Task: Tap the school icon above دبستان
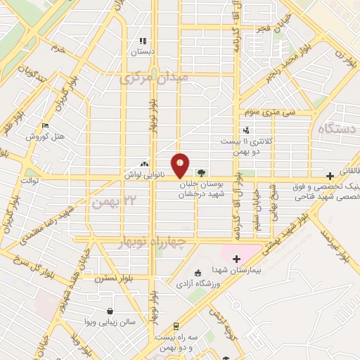[x=143, y=41]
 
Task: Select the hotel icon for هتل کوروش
[x=46, y=126]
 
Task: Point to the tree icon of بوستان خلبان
[x=202, y=172]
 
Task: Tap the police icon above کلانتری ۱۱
[x=245, y=130]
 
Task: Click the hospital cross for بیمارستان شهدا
[x=236, y=259]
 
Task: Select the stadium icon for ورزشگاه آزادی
[x=198, y=272]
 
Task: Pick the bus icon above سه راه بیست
[x=175, y=326]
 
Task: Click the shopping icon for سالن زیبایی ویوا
[x=110, y=311]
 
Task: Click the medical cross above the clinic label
[x=330, y=176]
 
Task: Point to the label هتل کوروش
[x=46, y=136]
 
